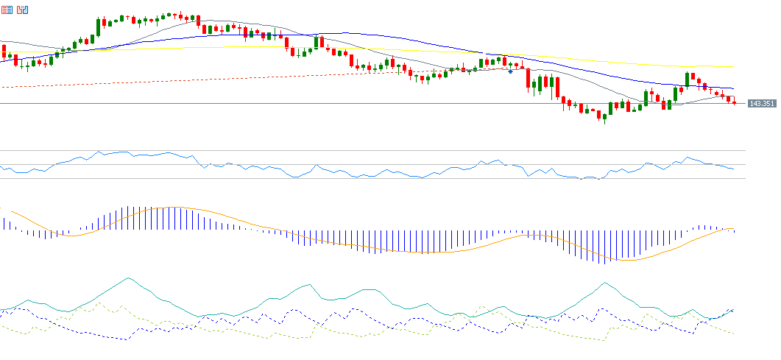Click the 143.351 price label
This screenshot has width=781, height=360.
tap(761, 104)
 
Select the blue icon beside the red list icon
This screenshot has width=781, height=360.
tap(23, 10)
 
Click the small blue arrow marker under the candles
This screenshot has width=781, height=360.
tap(510, 71)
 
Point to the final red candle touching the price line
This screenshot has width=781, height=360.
tap(734, 102)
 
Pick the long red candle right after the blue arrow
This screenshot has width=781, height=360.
tap(529, 79)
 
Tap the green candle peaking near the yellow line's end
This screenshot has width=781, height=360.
tap(688, 78)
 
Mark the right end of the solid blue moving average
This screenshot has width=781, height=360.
tap(734, 88)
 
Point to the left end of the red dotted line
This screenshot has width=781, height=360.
tap(2, 87)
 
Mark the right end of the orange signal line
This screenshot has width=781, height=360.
tap(735, 229)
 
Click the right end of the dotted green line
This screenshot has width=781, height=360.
tap(734, 333)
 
